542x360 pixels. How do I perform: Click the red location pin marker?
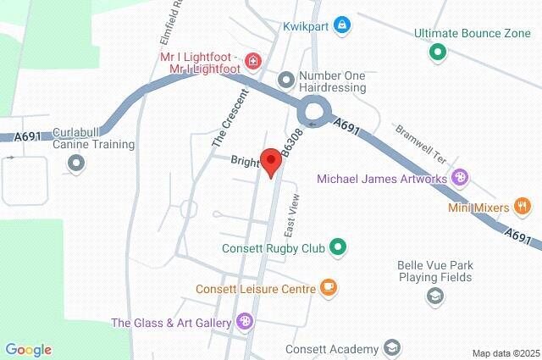pyautogui.click(x=271, y=160)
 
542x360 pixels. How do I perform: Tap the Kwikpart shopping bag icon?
pyautogui.click(x=341, y=25)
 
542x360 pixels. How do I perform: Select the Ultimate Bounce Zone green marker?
pyautogui.click(x=438, y=53)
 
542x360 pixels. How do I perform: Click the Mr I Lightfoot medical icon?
pyautogui.click(x=252, y=61)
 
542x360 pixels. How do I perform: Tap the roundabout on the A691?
pyautogui.click(x=312, y=109)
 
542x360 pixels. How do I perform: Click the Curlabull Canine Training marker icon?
pyautogui.click(x=76, y=163)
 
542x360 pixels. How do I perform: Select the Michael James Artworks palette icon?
pyautogui.click(x=460, y=178)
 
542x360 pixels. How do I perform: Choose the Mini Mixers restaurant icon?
pyautogui.click(x=523, y=206)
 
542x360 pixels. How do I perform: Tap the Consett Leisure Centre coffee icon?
pyautogui.click(x=328, y=287)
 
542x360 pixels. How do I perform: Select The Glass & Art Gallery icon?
pyautogui.click(x=244, y=321)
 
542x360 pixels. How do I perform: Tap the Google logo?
pyautogui.click(x=28, y=350)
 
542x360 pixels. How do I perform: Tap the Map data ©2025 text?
pyautogui.click(x=506, y=353)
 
